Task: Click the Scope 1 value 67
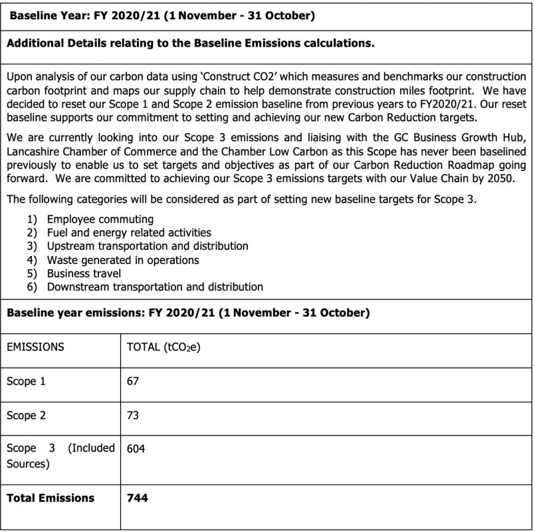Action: [133, 382]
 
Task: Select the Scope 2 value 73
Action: [133, 416]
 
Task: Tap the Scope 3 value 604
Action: [136, 449]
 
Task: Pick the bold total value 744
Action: [137, 497]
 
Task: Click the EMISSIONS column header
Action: [35, 346]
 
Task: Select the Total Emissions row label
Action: [51, 497]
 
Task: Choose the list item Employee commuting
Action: [100, 219]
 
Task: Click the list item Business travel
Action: [84, 273]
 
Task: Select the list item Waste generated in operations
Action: [123, 260]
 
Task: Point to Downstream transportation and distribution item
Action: [155, 287]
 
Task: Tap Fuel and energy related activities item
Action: [129, 233]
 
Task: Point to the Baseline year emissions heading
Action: [188, 312]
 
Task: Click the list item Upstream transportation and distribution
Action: [148, 246]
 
